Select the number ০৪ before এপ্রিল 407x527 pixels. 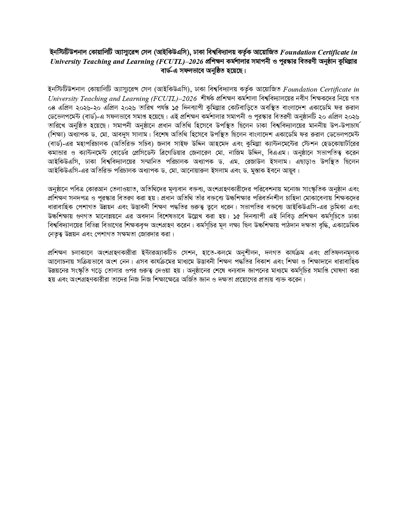tap(51, 107)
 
